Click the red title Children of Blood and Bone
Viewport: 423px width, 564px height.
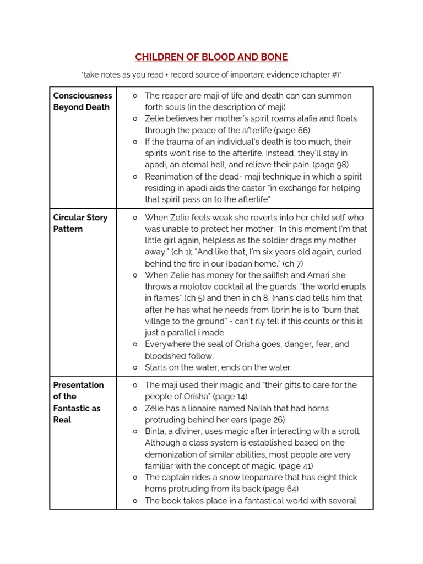[x=211, y=57]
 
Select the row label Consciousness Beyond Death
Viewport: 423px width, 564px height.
[x=82, y=101]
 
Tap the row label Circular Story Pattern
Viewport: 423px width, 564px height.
[x=80, y=223]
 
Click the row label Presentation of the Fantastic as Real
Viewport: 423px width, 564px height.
[x=78, y=402]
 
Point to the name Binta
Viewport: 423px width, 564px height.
[x=156, y=431]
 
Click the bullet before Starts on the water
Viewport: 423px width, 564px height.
[x=135, y=367]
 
